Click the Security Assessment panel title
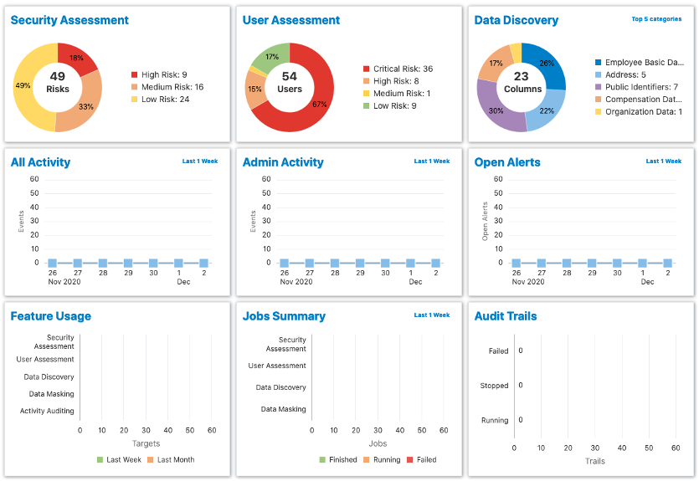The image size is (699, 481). (x=69, y=20)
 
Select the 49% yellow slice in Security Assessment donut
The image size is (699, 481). (x=24, y=86)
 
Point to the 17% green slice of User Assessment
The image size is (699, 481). (x=272, y=57)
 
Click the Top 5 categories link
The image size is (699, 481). (x=656, y=18)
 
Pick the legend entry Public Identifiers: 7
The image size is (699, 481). (x=641, y=87)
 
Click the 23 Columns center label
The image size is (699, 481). (x=522, y=82)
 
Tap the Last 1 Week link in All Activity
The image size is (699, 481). (x=199, y=161)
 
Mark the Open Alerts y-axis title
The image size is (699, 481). (x=486, y=221)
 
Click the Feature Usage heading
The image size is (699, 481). (x=50, y=316)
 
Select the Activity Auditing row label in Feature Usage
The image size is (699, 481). (x=47, y=411)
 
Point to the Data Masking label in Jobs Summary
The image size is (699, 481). (x=283, y=409)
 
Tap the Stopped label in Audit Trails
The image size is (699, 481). (x=494, y=386)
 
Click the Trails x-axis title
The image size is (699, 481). (x=595, y=461)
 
